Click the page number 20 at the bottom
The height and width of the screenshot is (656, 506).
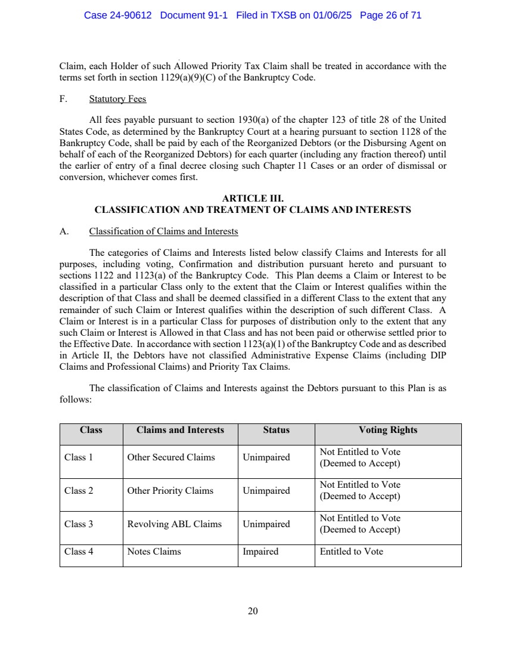253,611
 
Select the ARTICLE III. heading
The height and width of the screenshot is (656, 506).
253,199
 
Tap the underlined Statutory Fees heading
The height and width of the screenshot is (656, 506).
117,99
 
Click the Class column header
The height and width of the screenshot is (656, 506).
91,430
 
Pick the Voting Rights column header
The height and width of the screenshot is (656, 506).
387,430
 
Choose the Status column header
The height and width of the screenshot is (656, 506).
276,430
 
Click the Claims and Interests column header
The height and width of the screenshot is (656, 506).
180,430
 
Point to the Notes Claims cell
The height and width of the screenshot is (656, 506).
154,552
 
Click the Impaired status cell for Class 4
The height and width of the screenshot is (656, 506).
260,552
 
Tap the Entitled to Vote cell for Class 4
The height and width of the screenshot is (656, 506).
351,552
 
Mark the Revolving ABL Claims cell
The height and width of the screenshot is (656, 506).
174,524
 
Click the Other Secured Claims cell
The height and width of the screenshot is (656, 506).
171,457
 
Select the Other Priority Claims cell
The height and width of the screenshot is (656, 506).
170,491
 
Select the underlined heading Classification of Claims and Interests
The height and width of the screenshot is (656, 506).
163,231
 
